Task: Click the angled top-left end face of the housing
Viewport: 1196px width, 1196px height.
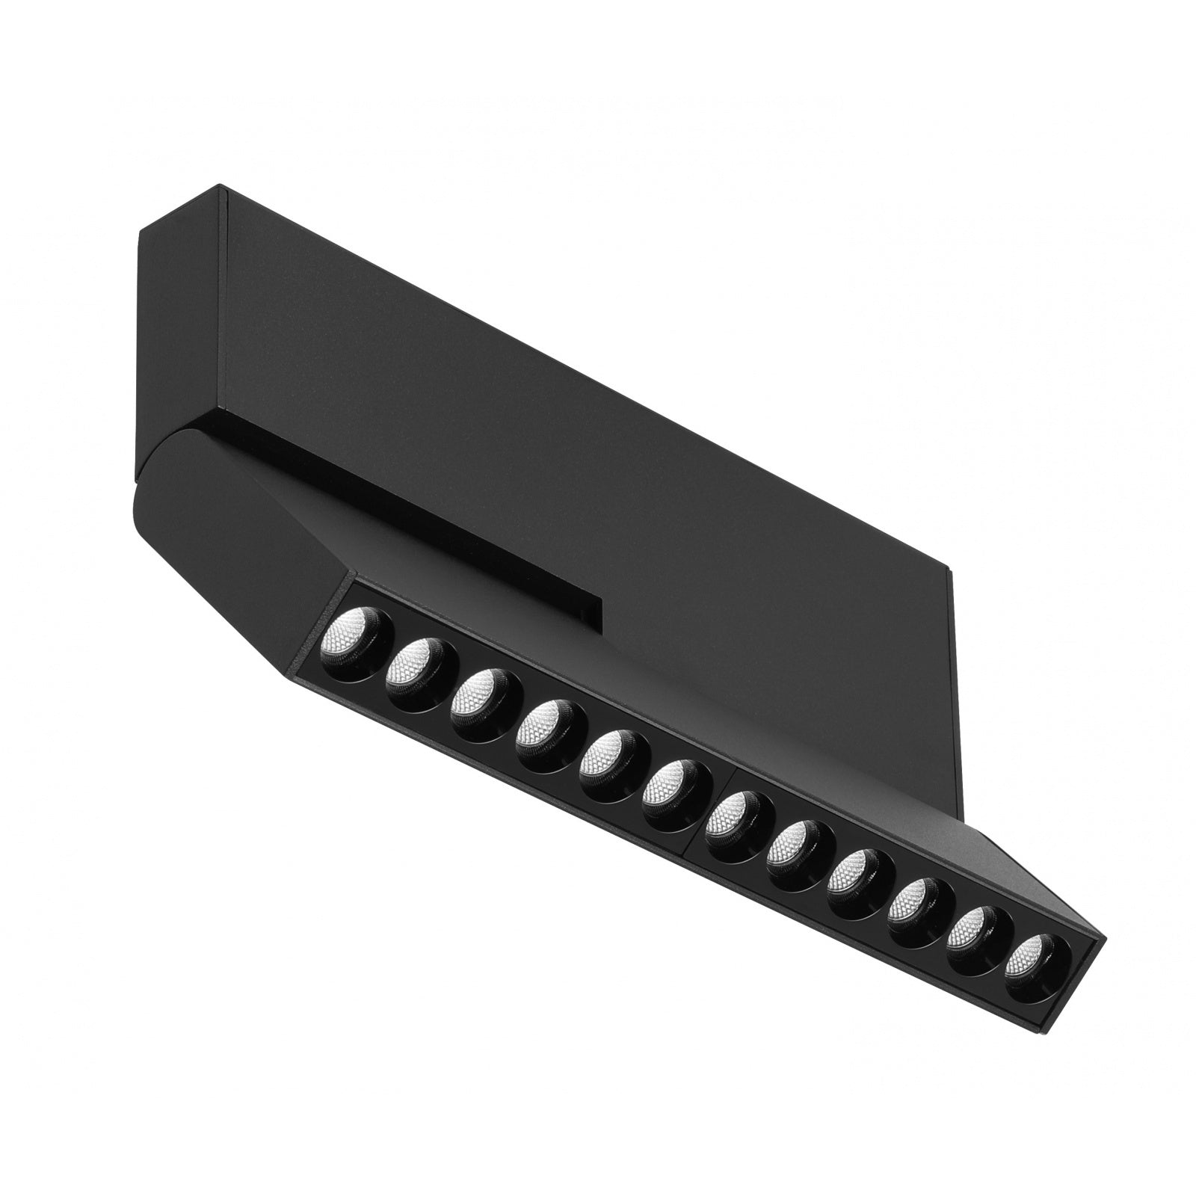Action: tap(179, 314)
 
